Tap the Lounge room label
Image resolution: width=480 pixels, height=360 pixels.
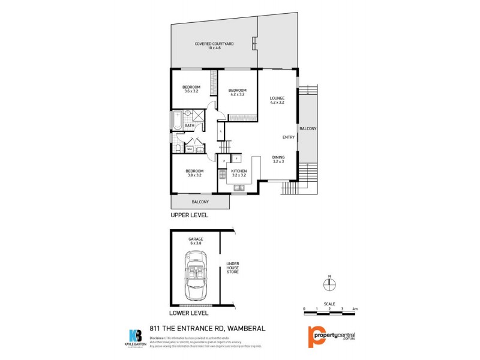pyautogui.click(x=277, y=100)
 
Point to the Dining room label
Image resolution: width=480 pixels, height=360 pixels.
pyautogui.click(x=278, y=159)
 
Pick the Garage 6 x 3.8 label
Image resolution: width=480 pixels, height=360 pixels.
pyautogui.click(x=196, y=241)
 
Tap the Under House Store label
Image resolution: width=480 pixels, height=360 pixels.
pyautogui.click(x=232, y=268)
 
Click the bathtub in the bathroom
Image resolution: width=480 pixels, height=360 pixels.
pyautogui.click(x=178, y=122)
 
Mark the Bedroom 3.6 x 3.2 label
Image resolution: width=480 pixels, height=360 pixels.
pyautogui.click(x=191, y=89)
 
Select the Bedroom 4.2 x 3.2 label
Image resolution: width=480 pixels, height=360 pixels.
pyautogui.click(x=238, y=92)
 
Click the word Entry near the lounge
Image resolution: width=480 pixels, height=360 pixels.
pyautogui.click(x=288, y=137)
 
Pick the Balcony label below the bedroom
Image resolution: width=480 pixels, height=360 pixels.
pyautogui.click(x=200, y=202)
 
